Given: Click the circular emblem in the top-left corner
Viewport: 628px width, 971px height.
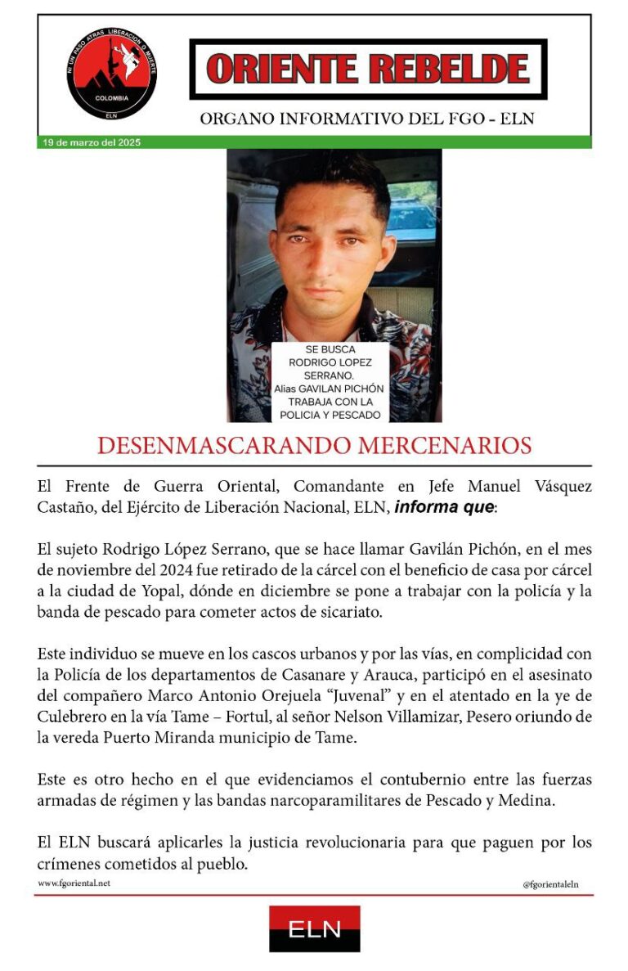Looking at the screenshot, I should pyautogui.click(x=112, y=74).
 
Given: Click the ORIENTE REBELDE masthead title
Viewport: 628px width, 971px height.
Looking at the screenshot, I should pyautogui.click(x=368, y=69).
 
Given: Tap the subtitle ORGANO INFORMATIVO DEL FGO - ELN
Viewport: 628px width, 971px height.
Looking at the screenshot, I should pyautogui.click(x=367, y=119).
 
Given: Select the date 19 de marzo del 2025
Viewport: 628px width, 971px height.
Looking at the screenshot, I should pyautogui.click(x=92, y=142).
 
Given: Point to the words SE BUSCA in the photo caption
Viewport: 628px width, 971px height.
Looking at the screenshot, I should pyautogui.click(x=330, y=350).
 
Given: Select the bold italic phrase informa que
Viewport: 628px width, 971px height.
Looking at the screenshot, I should pyautogui.click(x=443, y=507).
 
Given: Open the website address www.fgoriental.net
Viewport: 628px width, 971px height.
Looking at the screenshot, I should pyautogui.click(x=74, y=883).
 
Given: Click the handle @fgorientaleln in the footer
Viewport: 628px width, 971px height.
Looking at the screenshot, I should pyautogui.click(x=550, y=884).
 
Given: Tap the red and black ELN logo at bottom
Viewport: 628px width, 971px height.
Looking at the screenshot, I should pyautogui.click(x=314, y=928).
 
